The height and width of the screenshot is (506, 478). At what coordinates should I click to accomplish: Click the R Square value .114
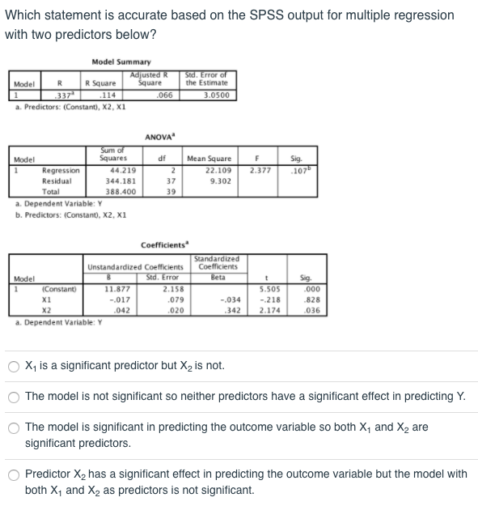click(104, 94)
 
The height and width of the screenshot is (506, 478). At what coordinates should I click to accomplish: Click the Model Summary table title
click(121, 62)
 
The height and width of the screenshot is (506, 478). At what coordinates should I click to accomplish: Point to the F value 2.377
click(260, 171)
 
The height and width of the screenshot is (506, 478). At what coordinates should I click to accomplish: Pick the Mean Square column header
click(209, 159)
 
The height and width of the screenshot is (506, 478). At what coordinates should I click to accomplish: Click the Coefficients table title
click(165, 244)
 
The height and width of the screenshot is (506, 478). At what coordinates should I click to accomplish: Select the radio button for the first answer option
click(13, 366)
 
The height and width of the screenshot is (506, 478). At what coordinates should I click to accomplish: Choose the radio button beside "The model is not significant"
click(13, 397)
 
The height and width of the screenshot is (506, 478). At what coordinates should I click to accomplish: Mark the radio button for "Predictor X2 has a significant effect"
click(13, 475)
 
